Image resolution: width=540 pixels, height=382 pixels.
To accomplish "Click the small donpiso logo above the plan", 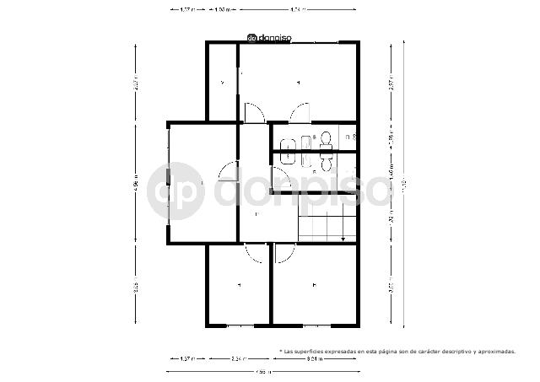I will (275, 38).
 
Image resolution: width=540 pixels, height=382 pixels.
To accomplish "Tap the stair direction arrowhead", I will (343, 240).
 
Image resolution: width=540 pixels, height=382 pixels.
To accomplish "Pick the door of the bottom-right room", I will (284, 252).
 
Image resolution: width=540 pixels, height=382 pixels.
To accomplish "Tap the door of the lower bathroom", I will (282, 180).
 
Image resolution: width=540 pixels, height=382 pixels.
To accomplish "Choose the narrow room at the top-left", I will (222, 83).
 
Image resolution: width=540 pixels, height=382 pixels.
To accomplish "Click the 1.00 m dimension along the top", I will (222, 9).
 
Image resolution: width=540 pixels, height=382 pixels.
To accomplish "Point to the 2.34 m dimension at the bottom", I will (239, 359).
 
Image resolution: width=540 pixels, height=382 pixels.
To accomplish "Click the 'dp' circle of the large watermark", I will (175, 191).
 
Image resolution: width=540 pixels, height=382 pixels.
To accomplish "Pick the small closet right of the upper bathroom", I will (347, 137).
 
